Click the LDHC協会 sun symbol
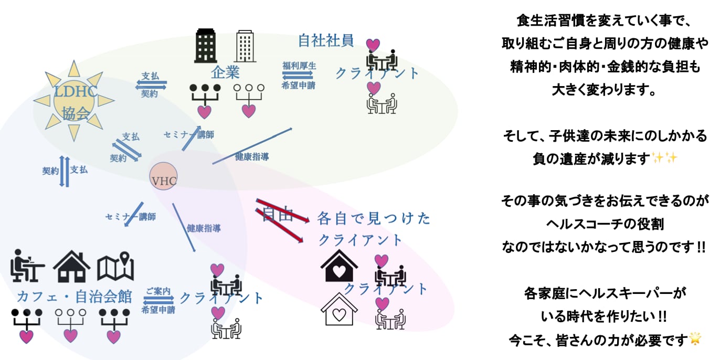click(x=73, y=101)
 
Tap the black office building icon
click(x=206, y=47)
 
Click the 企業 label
click(x=225, y=72)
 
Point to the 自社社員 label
click(x=325, y=40)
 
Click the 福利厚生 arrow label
click(x=299, y=66)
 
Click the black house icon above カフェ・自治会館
click(x=72, y=267)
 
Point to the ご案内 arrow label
click(x=158, y=291)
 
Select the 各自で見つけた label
click(x=374, y=218)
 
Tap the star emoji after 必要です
click(x=695, y=339)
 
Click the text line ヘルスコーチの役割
click(x=605, y=224)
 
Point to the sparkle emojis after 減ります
click(x=665, y=158)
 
